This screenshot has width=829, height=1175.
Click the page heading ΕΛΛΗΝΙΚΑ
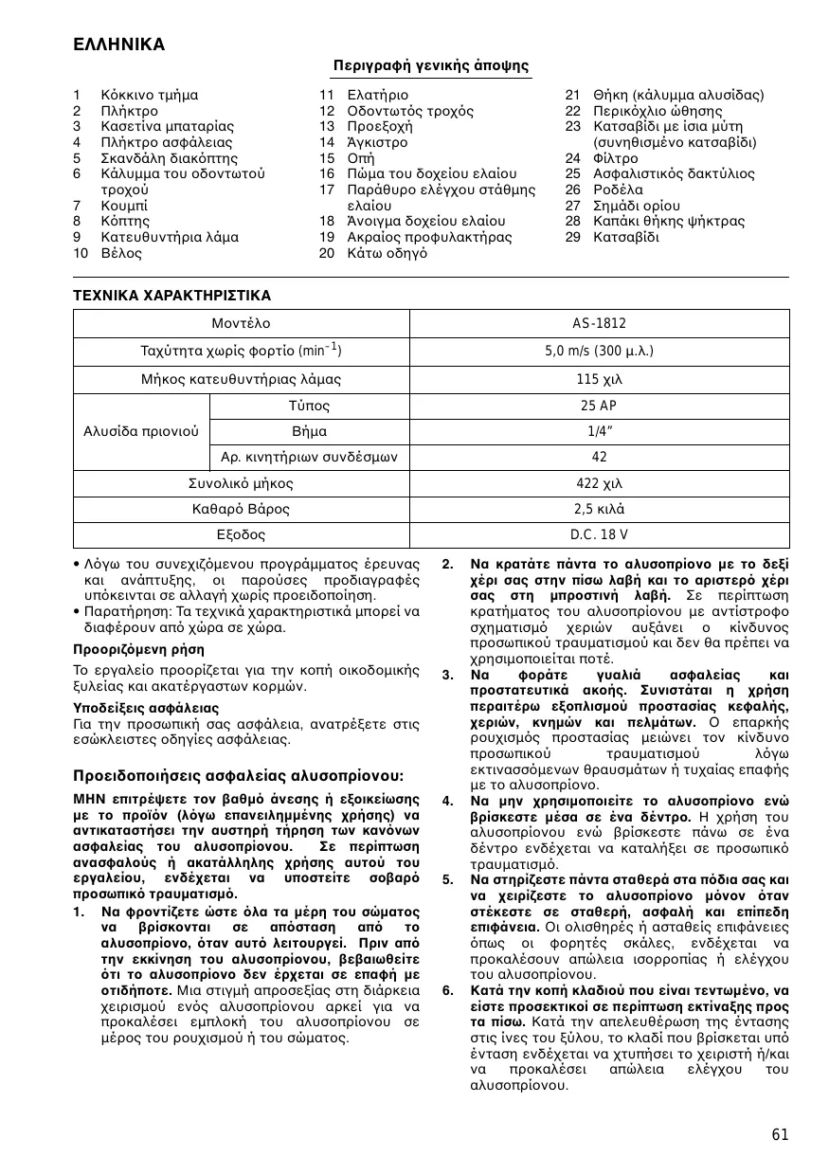click(119, 45)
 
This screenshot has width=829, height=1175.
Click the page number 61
click(779, 1134)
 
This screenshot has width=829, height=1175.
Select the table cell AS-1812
click(599, 324)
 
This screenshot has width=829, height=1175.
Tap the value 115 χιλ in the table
click(599, 379)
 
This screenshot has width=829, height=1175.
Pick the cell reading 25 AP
click(599, 406)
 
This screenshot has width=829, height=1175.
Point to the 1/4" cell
click(599, 431)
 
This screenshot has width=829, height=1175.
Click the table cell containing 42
click(599, 458)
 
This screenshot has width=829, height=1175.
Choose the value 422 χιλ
click(599, 483)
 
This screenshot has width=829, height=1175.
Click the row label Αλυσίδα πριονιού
click(141, 431)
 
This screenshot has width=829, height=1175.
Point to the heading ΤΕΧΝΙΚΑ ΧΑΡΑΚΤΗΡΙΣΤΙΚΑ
click(171, 295)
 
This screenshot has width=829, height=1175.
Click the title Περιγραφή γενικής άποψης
click(430, 65)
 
